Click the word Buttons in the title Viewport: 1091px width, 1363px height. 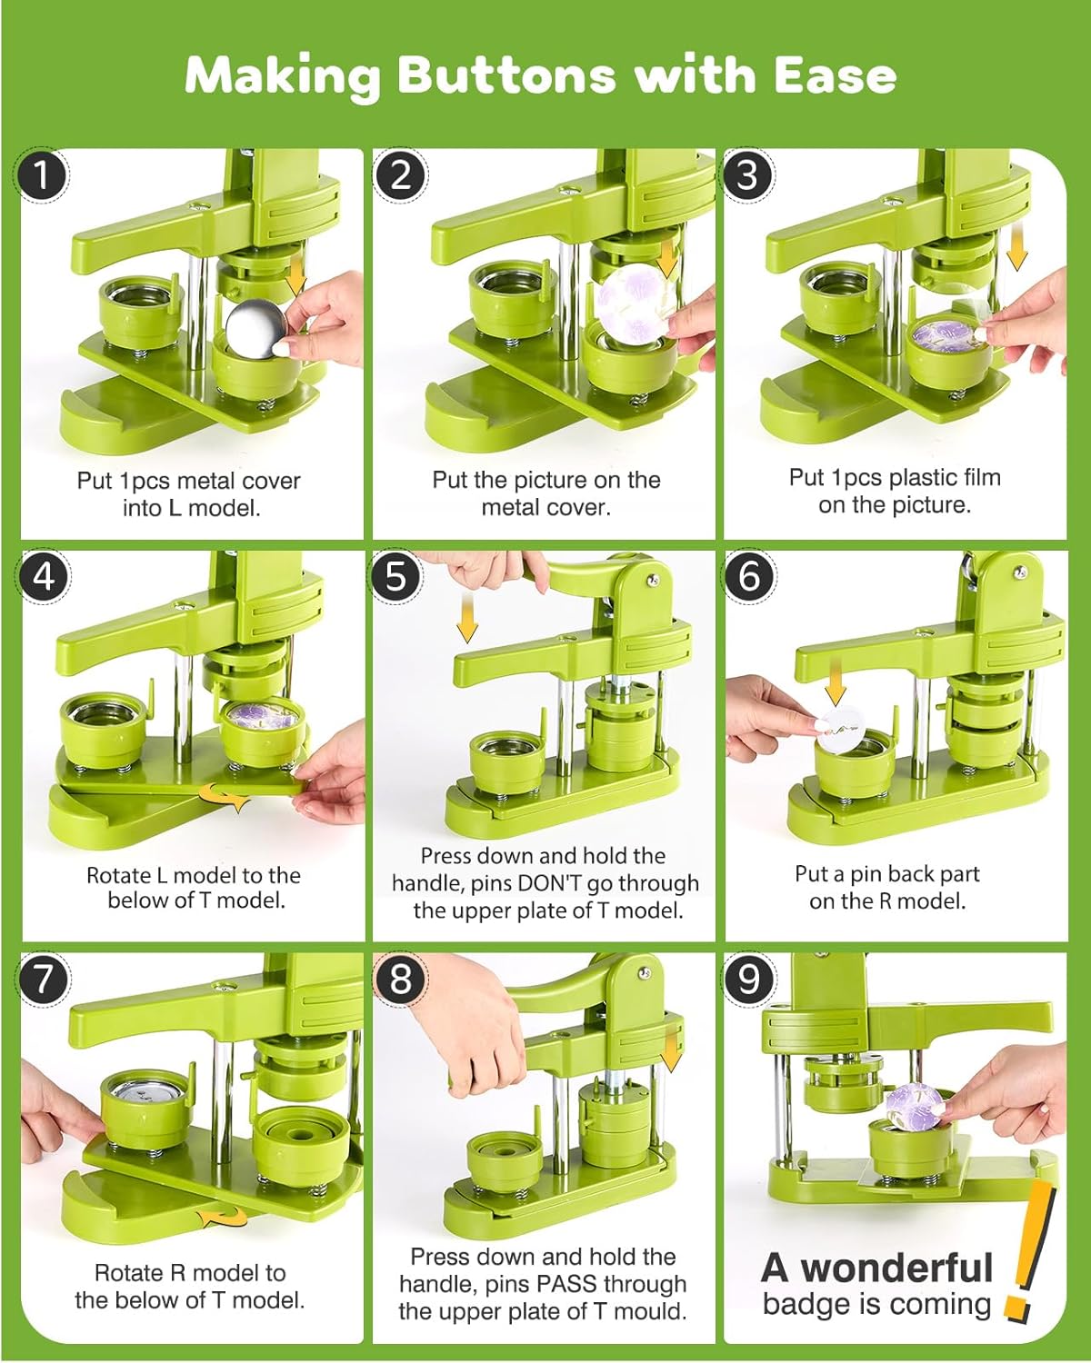coord(506,75)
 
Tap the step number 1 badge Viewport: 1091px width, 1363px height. coord(42,175)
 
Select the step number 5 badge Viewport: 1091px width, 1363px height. coord(396,577)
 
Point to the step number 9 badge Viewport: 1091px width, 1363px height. coord(748,979)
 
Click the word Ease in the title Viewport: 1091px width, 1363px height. coord(835,75)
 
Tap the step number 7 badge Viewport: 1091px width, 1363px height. coord(44,979)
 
